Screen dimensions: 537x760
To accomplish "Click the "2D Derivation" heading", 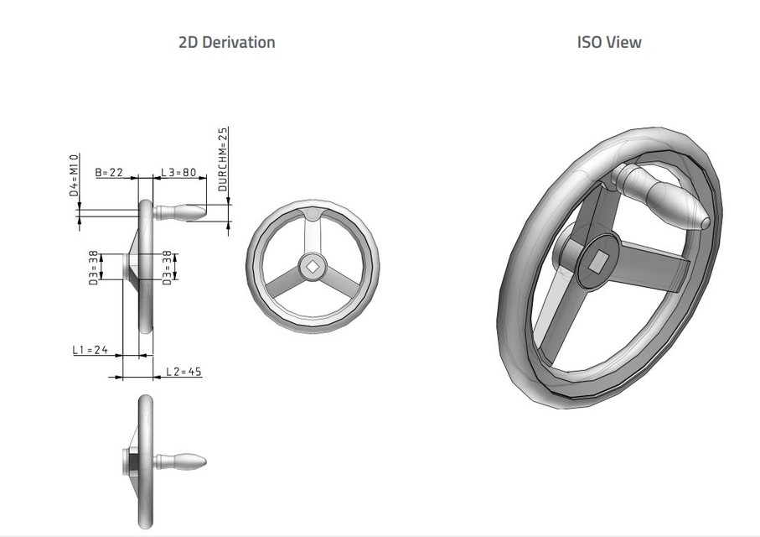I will pos(226,42).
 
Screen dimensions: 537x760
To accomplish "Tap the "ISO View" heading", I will pos(609,42).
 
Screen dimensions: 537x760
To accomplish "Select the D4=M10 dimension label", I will pos(74,175).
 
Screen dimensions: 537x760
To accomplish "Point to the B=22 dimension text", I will pos(109,173).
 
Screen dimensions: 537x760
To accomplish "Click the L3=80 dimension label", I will pos(178,173).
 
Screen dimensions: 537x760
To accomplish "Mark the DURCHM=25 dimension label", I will pos(223,159).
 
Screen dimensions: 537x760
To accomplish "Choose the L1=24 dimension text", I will pos(90,350).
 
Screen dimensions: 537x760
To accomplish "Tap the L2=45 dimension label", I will pos(184,371).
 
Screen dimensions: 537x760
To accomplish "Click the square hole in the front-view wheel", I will pos(313,266).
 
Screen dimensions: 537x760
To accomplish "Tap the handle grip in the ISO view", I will pos(666,198).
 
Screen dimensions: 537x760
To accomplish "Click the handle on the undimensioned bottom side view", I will pos(182,461).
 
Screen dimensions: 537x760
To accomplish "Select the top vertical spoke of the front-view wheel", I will pos(313,236).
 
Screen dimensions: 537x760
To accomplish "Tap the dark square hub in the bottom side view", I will pos(134,461).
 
